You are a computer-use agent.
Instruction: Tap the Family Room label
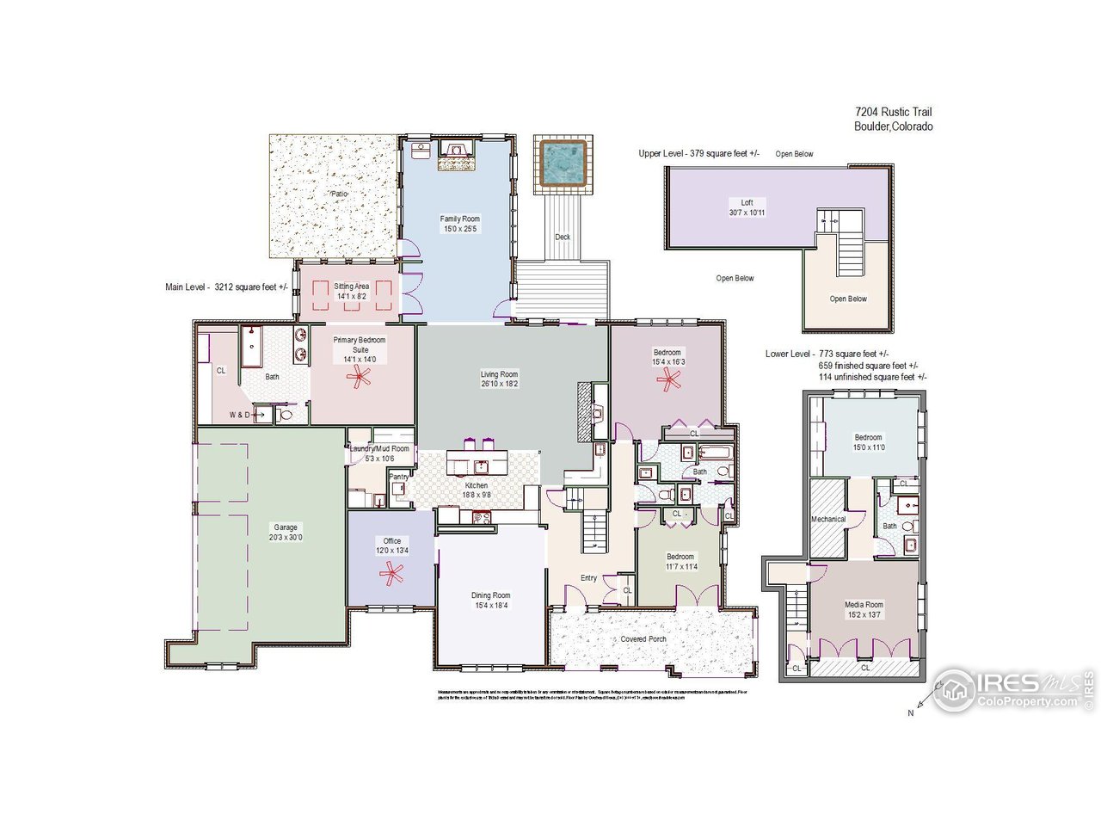click(x=459, y=219)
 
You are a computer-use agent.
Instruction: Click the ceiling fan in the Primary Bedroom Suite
click(x=360, y=375)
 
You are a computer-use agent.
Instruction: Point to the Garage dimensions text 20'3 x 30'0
click(x=285, y=538)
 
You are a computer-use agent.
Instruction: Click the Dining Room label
click(x=490, y=595)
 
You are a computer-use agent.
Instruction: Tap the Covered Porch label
click(x=643, y=639)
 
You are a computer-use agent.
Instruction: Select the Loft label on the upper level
click(x=747, y=202)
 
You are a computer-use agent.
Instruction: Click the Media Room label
click(x=863, y=605)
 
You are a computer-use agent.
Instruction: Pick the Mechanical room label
click(x=828, y=519)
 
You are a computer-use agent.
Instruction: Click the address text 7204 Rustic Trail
click(x=893, y=112)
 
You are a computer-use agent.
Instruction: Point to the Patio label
click(x=340, y=194)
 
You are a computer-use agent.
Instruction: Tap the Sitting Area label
click(x=351, y=287)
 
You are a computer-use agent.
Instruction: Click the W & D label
click(x=240, y=415)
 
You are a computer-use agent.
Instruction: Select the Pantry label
click(x=398, y=477)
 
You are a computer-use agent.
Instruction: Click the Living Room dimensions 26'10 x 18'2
click(x=499, y=385)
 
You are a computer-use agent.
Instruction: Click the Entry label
click(x=588, y=577)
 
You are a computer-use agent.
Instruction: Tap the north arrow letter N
click(x=910, y=712)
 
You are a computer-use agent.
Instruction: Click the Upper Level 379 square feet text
click(x=698, y=153)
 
